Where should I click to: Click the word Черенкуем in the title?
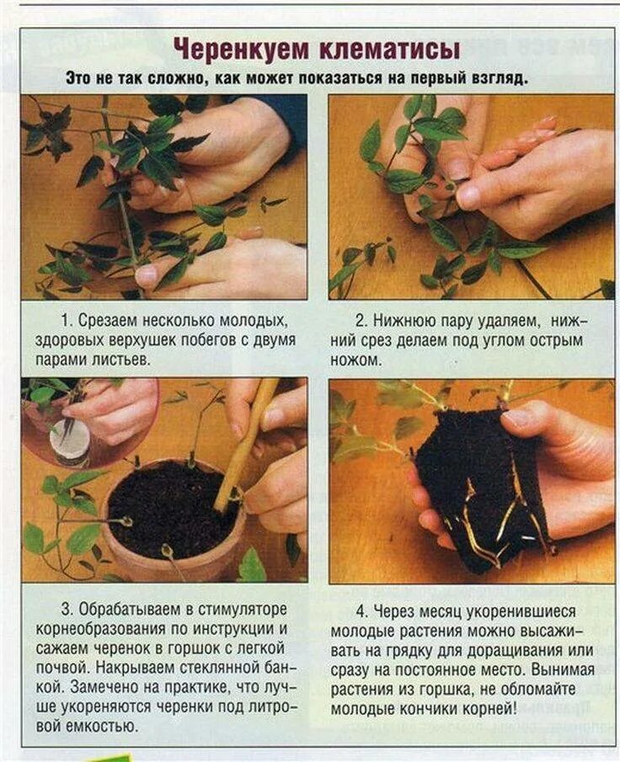[x=241, y=49]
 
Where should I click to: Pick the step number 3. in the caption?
[x=67, y=609]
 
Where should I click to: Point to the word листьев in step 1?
[x=119, y=360]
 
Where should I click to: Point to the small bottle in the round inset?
[x=71, y=443]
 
